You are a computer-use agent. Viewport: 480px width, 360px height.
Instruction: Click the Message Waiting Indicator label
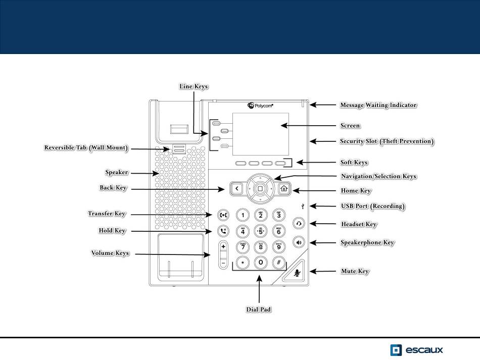pyautogui.click(x=378, y=105)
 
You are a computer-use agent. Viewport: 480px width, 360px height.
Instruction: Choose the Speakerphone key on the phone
pyautogui.click(x=299, y=242)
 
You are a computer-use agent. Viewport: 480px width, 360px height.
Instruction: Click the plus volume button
pyautogui.click(x=223, y=247)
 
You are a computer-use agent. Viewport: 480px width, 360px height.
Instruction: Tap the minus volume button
pyautogui.click(x=223, y=263)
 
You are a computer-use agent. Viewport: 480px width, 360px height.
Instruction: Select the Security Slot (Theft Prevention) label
pyautogui.click(x=387, y=141)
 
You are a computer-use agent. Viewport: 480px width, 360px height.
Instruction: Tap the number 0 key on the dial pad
pyautogui.click(x=260, y=263)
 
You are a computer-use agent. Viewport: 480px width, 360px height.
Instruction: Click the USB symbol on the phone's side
pyautogui.click(x=302, y=206)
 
